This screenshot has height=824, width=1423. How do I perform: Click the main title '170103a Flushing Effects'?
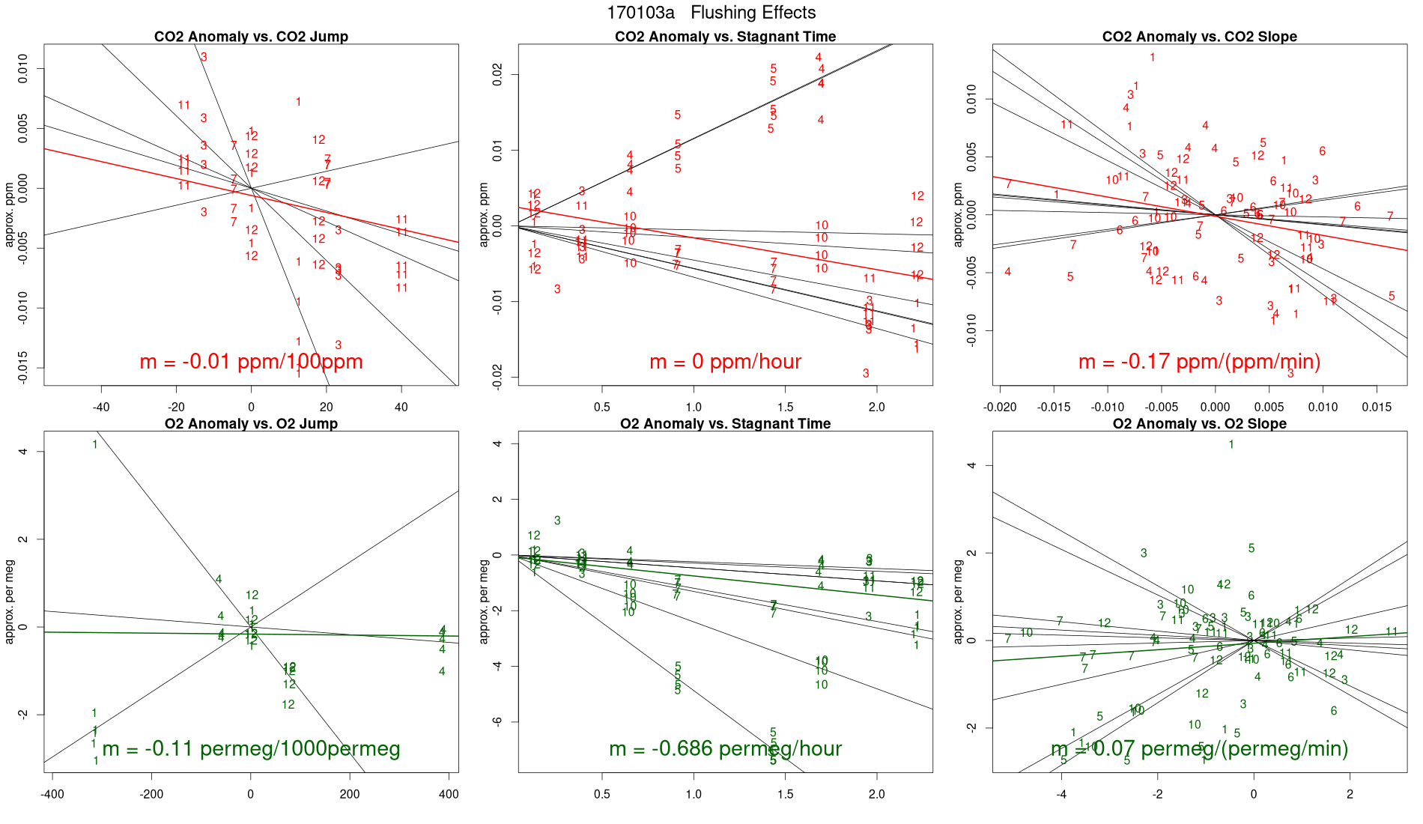(x=711, y=13)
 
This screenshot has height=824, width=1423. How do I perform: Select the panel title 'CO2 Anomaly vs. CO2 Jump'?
(x=251, y=37)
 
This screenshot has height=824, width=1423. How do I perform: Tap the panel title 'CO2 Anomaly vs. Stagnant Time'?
(x=725, y=37)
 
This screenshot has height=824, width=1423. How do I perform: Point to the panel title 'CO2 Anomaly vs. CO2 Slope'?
(x=1199, y=37)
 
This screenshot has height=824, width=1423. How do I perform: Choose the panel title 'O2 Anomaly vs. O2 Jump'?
(x=251, y=424)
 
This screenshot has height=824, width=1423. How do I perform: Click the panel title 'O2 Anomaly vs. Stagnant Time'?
(x=725, y=424)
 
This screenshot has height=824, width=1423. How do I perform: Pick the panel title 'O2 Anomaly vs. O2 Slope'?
(x=1199, y=424)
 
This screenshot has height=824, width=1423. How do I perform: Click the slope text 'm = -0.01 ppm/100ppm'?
(x=251, y=362)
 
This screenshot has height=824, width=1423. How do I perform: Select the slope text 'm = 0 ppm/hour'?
(x=725, y=362)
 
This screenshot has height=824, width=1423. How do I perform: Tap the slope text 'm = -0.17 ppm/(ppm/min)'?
(x=1199, y=362)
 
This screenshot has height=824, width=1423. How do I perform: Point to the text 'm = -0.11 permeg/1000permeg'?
(x=251, y=749)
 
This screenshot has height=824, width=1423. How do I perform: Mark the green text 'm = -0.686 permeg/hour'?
(x=725, y=749)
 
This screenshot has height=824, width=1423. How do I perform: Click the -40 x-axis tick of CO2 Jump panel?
(x=101, y=408)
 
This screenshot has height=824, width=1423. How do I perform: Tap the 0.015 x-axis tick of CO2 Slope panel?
(x=1377, y=408)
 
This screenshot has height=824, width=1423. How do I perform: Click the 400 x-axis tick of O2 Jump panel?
(x=449, y=795)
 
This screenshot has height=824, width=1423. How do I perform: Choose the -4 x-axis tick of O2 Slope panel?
(x=1061, y=795)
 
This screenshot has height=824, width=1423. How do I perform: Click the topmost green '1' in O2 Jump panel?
(x=95, y=445)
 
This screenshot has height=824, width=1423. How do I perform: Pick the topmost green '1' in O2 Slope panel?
(x=1231, y=445)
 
